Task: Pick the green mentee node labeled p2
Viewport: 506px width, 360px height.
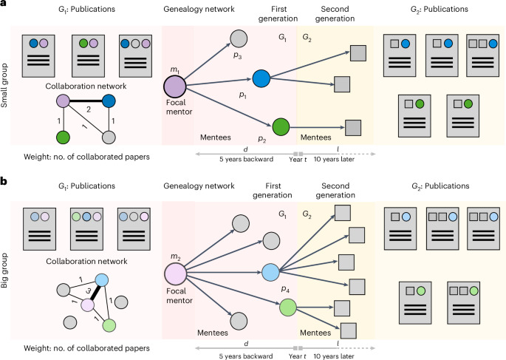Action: coord(281,126)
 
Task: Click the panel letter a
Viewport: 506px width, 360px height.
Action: coord(5,6)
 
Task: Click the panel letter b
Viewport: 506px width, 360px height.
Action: coord(5,178)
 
